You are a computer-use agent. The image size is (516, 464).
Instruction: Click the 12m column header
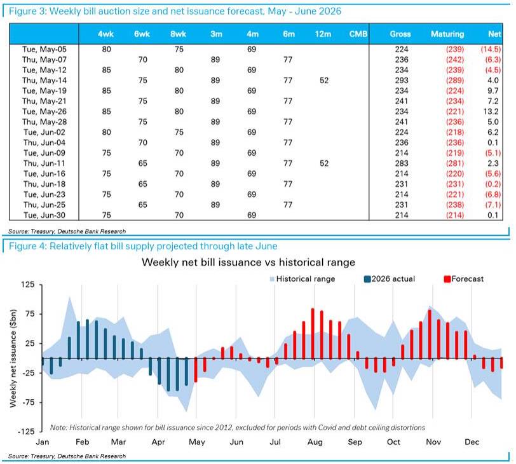[323, 34]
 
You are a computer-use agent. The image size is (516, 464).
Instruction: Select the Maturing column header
[447, 34]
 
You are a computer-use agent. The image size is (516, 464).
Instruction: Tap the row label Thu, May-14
[44, 80]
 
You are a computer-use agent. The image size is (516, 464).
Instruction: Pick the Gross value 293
[402, 80]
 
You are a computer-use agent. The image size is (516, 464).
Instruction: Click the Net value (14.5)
[491, 50]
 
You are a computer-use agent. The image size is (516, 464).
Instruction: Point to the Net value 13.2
[491, 112]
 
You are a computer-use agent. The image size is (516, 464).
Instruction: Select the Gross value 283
[402, 163]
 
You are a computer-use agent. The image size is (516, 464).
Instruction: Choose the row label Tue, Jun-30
[44, 215]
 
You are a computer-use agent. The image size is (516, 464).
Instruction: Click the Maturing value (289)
[455, 80]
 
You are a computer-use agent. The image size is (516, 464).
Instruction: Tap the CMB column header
[358, 34]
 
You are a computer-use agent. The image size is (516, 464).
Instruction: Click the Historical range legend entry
[302, 279]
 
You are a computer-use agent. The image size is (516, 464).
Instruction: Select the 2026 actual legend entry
[390, 279]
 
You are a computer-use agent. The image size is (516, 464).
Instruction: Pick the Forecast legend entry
[464, 279]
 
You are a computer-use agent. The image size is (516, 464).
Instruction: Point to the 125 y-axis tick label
[28, 284]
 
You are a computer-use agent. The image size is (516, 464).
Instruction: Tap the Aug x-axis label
[315, 442]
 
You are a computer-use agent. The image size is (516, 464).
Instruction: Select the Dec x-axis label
[472, 442]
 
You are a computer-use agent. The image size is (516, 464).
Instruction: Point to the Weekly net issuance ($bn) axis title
[13, 358]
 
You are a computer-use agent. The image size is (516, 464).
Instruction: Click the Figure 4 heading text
[143, 246]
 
